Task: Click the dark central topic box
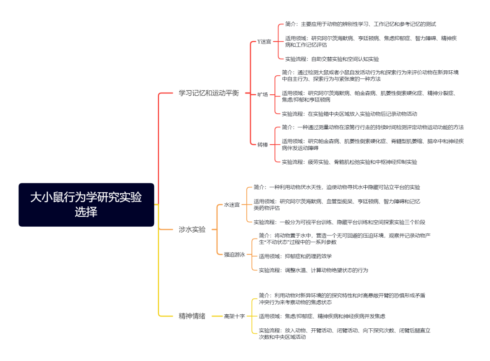[86, 205]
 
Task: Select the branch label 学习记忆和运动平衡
[209, 93]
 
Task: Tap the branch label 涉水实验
[192, 229]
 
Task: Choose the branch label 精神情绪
[192, 316]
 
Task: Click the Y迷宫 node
[264, 42]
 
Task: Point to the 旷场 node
[263, 94]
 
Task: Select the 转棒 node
[263, 145]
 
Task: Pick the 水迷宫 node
[232, 205]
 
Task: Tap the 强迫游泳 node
[235, 254]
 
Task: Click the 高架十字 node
[235, 316]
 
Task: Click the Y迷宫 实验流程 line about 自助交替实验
[332, 59]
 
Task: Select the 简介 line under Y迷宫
[360, 24]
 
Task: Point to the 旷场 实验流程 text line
[349, 114]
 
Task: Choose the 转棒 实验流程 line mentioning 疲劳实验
[349, 162]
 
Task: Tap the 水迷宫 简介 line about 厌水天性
[337, 187]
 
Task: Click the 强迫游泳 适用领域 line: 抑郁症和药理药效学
[295, 256]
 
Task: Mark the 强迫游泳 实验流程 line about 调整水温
[314, 270]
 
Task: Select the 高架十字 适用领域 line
[322, 317]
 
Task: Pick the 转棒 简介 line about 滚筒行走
[373, 127]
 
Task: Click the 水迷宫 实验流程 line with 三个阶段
[339, 222]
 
